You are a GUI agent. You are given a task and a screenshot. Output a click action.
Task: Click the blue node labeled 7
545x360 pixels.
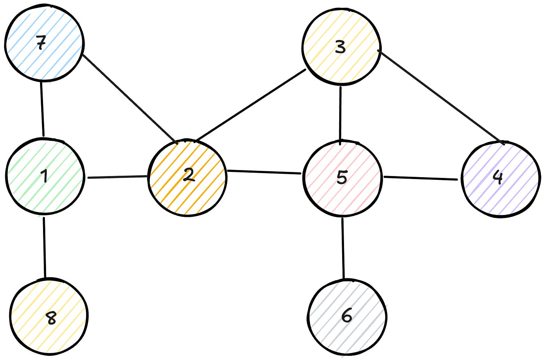click(x=44, y=44)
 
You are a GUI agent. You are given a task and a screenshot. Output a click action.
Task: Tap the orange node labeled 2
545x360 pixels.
click(x=188, y=178)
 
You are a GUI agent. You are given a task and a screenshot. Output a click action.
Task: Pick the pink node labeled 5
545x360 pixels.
click(x=342, y=178)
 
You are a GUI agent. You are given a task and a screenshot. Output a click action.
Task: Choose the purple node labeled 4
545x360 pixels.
click(x=500, y=178)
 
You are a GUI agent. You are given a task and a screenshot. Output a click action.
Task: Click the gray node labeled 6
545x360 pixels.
click(x=347, y=317)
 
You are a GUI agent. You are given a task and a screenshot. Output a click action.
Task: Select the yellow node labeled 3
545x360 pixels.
click(x=341, y=47)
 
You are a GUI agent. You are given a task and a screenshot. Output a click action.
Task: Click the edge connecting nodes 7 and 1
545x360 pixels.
click(x=42, y=109)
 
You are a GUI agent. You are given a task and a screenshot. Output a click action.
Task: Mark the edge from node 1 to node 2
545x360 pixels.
click(x=117, y=176)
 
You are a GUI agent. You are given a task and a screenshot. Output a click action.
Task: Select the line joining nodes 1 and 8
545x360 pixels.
click(x=45, y=247)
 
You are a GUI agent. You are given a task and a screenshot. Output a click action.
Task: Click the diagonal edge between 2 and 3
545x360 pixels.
click(x=250, y=106)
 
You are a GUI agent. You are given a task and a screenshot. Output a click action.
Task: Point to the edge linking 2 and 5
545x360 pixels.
click(x=264, y=172)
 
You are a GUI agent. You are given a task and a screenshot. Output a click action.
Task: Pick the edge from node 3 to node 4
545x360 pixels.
click(x=441, y=96)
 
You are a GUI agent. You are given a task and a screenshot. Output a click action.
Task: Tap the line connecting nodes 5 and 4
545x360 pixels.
click(x=420, y=178)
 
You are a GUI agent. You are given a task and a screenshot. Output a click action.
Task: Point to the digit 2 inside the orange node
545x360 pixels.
click(x=189, y=175)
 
